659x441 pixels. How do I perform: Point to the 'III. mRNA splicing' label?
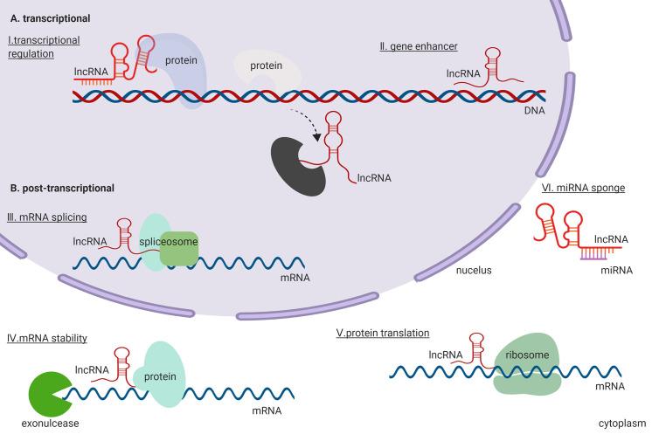[x=56, y=217]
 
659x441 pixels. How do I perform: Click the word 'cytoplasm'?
[x=621, y=424]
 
